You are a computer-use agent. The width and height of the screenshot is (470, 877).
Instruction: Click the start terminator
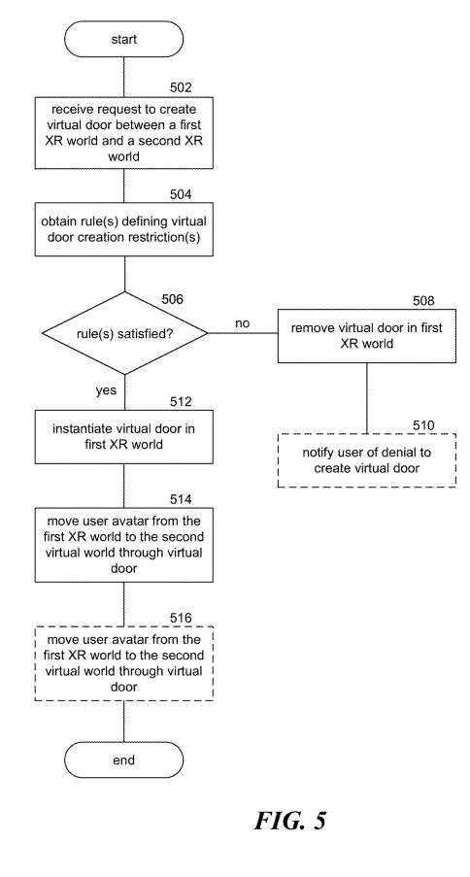[x=123, y=39]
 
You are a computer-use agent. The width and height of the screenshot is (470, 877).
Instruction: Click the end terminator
[x=123, y=759]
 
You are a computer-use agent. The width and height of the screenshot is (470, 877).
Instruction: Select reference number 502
[x=181, y=87]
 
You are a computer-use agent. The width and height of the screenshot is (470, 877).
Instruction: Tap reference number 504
[x=181, y=194]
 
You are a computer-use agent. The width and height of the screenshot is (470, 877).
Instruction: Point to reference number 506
[x=172, y=299]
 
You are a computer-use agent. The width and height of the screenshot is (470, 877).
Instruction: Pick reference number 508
[x=423, y=301]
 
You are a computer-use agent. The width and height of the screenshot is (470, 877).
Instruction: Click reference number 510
[x=423, y=425]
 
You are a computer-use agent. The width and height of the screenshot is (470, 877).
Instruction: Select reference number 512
[x=181, y=402]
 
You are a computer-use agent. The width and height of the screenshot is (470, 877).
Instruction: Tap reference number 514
[x=181, y=499]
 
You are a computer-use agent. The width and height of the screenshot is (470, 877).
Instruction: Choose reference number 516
[x=181, y=618]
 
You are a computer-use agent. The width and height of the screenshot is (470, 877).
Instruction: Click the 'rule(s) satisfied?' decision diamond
[x=124, y=333]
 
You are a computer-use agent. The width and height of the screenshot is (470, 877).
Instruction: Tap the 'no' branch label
[x=242, y=323]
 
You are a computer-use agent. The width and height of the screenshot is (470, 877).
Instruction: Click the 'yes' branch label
[x=106, y=390]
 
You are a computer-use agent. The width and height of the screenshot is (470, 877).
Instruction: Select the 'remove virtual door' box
[x=366, y=336]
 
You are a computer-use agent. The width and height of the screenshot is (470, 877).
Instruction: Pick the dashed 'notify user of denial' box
[x=366, y=459]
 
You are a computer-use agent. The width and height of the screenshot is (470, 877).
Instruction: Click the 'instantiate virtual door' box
[x=123, y=437]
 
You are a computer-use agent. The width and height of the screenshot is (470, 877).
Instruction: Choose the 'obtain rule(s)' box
[x=123, y=229]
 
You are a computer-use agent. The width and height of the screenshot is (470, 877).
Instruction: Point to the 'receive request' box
[x=123, y=132]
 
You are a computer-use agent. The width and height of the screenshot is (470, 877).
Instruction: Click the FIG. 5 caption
[x=289, y=821]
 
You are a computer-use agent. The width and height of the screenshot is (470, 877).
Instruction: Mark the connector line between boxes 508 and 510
[x=366, y=397]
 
